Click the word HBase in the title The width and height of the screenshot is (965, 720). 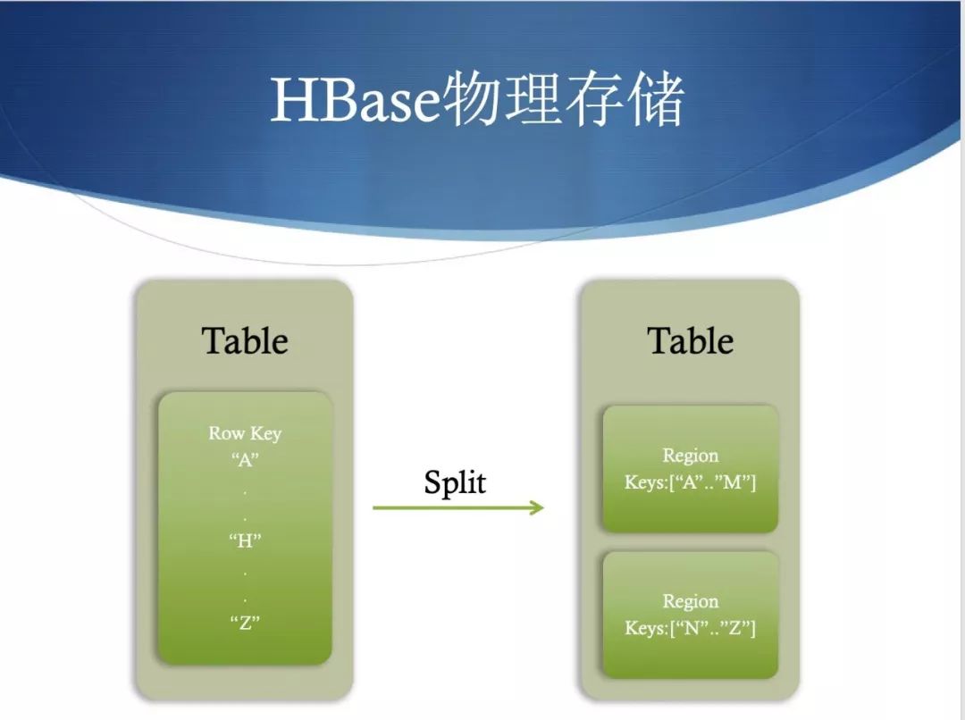pos(356,100)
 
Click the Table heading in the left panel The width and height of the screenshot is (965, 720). pos(245,341)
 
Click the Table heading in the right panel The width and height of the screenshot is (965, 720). pos(690,341)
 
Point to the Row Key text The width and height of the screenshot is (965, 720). pos(245,434)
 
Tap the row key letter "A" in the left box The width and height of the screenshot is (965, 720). pos(245,460)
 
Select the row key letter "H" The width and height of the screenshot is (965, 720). pos(245,541)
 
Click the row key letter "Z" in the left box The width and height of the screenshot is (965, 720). pos(245,622)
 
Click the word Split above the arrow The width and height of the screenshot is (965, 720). pos(455,482)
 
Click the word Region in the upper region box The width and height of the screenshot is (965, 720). pos(691,456)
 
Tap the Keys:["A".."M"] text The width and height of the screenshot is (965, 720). pos(690,481)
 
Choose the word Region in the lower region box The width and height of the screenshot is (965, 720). pos(691,601)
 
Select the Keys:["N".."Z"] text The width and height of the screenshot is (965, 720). pos(690,628)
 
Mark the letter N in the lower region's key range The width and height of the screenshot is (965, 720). pos(692,628)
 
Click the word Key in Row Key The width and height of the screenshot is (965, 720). pos(266,434)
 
